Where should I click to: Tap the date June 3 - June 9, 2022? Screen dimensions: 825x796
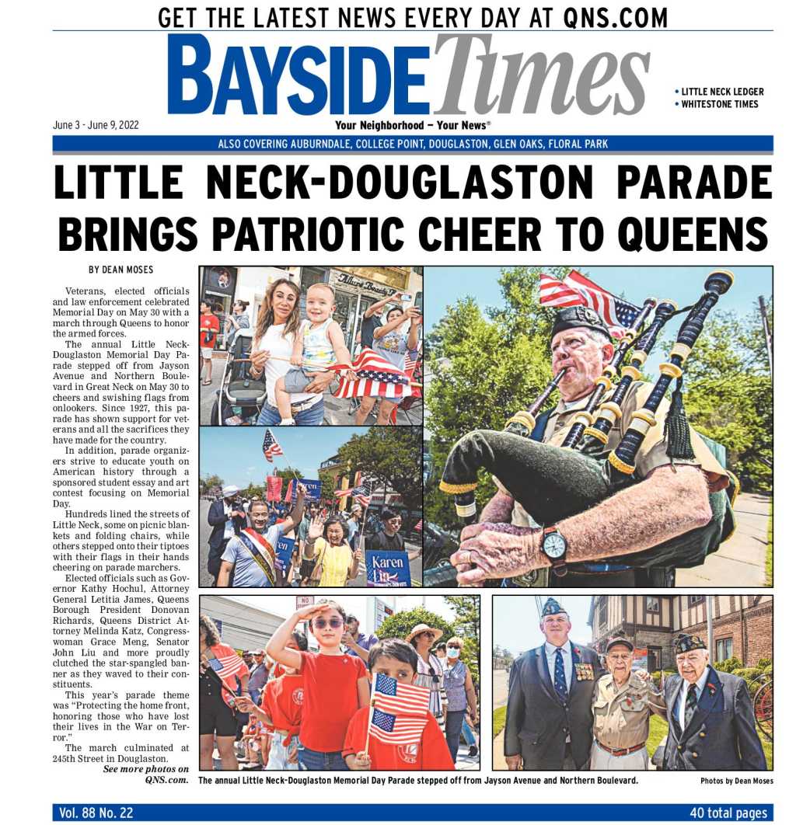coord(96,125)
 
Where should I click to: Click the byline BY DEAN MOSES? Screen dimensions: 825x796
coord(120,270)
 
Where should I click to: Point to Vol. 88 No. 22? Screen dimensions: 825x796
coord(96,813)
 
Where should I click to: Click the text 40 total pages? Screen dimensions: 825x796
coord(728,813)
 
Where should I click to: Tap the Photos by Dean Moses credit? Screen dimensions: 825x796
coord(737,781)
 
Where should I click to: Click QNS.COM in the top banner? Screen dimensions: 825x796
coord(617,16)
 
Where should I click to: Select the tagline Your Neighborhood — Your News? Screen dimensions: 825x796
coord(413,125)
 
